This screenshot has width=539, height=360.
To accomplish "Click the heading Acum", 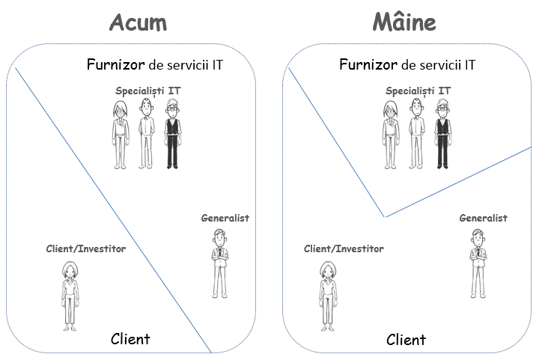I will tap(138, 22).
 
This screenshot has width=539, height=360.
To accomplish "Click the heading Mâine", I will tap(404, 22).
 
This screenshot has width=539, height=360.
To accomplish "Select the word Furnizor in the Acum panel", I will tap(115, 65).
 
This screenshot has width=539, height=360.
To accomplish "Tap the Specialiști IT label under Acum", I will tap(147, 91).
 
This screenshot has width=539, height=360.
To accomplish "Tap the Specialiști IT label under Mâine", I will tap(418, 91).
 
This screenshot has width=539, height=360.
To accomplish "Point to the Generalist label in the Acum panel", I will tap(225, 218).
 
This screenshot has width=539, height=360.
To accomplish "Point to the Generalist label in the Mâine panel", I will tap(483, 218).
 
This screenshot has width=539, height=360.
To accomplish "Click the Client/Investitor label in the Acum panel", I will tap(87, 248).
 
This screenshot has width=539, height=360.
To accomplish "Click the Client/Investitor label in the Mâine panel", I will tap(344, 248).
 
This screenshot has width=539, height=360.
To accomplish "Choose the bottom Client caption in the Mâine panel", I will tap(406, 340).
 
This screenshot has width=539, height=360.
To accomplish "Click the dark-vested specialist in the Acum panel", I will tap(172, 135).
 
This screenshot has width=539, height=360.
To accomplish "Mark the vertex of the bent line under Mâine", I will tap(385, 217).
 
